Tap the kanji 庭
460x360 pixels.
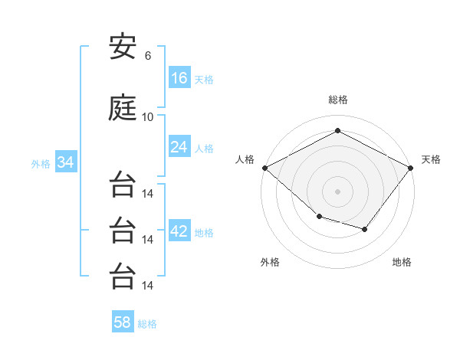123,109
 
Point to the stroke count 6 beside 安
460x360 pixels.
147,56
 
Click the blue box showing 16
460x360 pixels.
179,77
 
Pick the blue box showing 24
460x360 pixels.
179,147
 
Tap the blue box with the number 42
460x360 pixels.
179,231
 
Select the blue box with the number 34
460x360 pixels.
66,162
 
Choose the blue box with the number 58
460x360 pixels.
123,322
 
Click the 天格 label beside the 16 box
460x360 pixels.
204,79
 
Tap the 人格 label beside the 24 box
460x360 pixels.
204,148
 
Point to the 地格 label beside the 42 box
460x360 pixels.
204,232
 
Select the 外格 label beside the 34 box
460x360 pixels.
41,163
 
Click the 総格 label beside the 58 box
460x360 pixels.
147,324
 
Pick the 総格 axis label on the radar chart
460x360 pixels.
337,100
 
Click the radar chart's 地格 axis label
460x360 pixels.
402,262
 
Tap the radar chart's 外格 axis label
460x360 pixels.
270,262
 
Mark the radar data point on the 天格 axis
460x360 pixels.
411,168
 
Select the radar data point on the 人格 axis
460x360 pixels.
264,168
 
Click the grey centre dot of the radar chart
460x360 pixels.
337,191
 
